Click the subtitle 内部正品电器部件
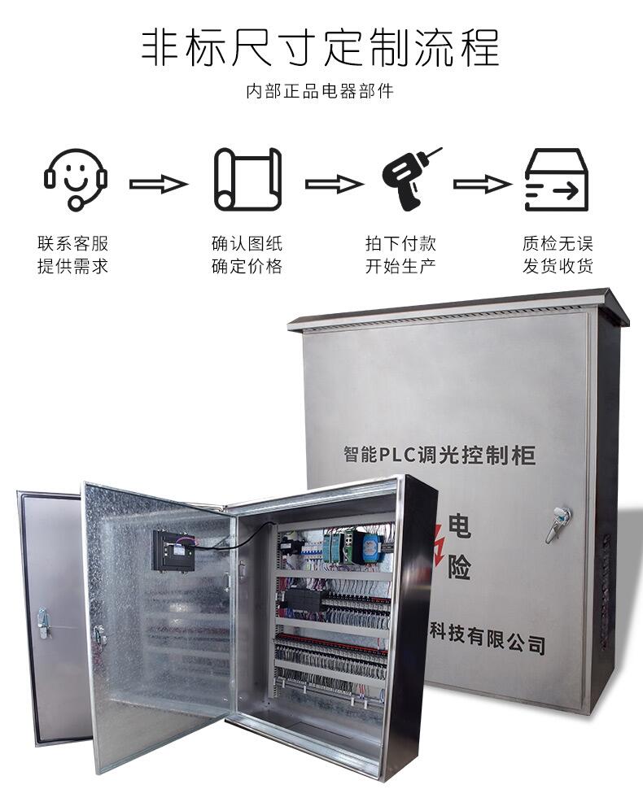tap(320, 91)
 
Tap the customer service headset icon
tap(76, 179)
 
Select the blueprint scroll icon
tap(247, 180)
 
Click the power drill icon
tap(410, 178)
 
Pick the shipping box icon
tap(556, 180)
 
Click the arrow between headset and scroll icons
tap(159, 184)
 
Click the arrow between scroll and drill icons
tap(334, 184)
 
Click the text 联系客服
tap(72, 243)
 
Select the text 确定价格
tap(247, 266)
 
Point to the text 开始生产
tap(400, 266)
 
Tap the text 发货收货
tap(558, 266)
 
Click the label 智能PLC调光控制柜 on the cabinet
tap(440, 454)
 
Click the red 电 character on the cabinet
tap(459, 528)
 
